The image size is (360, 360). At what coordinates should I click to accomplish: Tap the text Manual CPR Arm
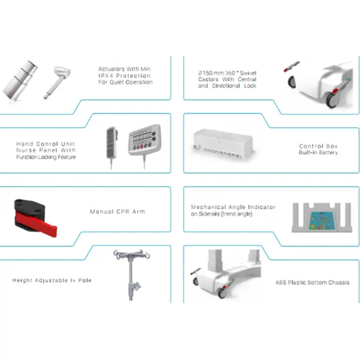(x=117, y=212)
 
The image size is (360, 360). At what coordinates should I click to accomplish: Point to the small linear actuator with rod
(x=57, y=82)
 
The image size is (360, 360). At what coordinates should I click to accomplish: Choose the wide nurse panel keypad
(x=145, y=140)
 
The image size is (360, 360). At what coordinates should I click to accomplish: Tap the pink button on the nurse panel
(x=141, y=147)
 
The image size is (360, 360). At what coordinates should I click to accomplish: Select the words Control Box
(x=318, y=146)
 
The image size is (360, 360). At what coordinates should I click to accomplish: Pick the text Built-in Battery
(x=318, y=152)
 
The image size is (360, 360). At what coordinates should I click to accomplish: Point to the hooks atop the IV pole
(x=131, y=255)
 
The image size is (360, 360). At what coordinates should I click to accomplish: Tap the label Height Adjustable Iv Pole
(x=52, y=280)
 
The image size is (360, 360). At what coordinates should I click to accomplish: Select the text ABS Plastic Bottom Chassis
(x=313, y=282)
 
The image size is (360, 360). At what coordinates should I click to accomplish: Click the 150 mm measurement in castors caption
(x=213, y=73)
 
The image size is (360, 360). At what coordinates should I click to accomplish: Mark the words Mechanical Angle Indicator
(x=233, y=207)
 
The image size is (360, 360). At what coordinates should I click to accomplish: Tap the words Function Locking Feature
(x=46, y=157)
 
